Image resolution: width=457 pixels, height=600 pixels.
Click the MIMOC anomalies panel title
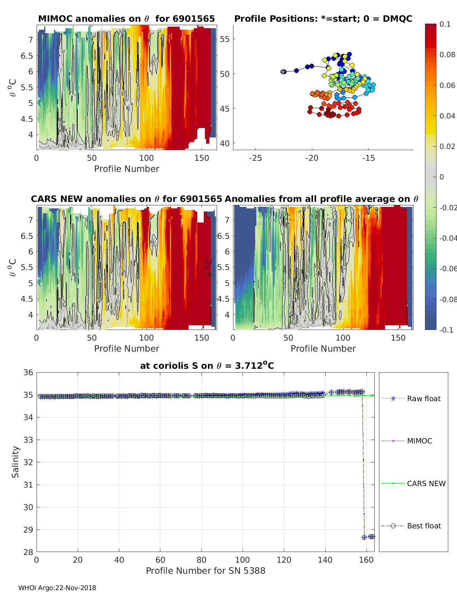click(126, 19)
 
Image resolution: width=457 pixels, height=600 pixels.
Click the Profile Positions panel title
click(323, 19)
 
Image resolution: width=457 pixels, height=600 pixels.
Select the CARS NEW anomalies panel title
click(126, 199)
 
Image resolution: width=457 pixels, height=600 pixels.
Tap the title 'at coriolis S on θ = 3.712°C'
click(207, 366)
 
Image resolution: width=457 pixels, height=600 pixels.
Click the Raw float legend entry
click(423, 398)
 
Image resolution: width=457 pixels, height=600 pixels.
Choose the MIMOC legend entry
click(419, 441)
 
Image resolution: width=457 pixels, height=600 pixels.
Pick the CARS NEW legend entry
click(426, 483)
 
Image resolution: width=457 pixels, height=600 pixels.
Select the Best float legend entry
click(423, 526)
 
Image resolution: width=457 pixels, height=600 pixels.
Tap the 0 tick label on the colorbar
click(441, 177)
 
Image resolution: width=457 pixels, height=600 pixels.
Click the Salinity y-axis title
click(15, 462)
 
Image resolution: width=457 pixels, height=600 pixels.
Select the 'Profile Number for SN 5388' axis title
click(206, 571)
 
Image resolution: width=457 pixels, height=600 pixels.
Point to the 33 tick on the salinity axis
click(29, 440)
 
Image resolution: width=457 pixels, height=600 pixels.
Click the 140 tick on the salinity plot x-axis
click(325, 560)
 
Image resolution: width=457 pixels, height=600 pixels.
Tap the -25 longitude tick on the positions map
click(255, 158)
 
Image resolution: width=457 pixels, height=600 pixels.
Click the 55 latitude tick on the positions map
click(225, 39)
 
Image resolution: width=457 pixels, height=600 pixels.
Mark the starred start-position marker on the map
click(283, 72)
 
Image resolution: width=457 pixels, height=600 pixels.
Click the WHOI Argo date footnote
click(57, 588)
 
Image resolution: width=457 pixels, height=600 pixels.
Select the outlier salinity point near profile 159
click(364, 537)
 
